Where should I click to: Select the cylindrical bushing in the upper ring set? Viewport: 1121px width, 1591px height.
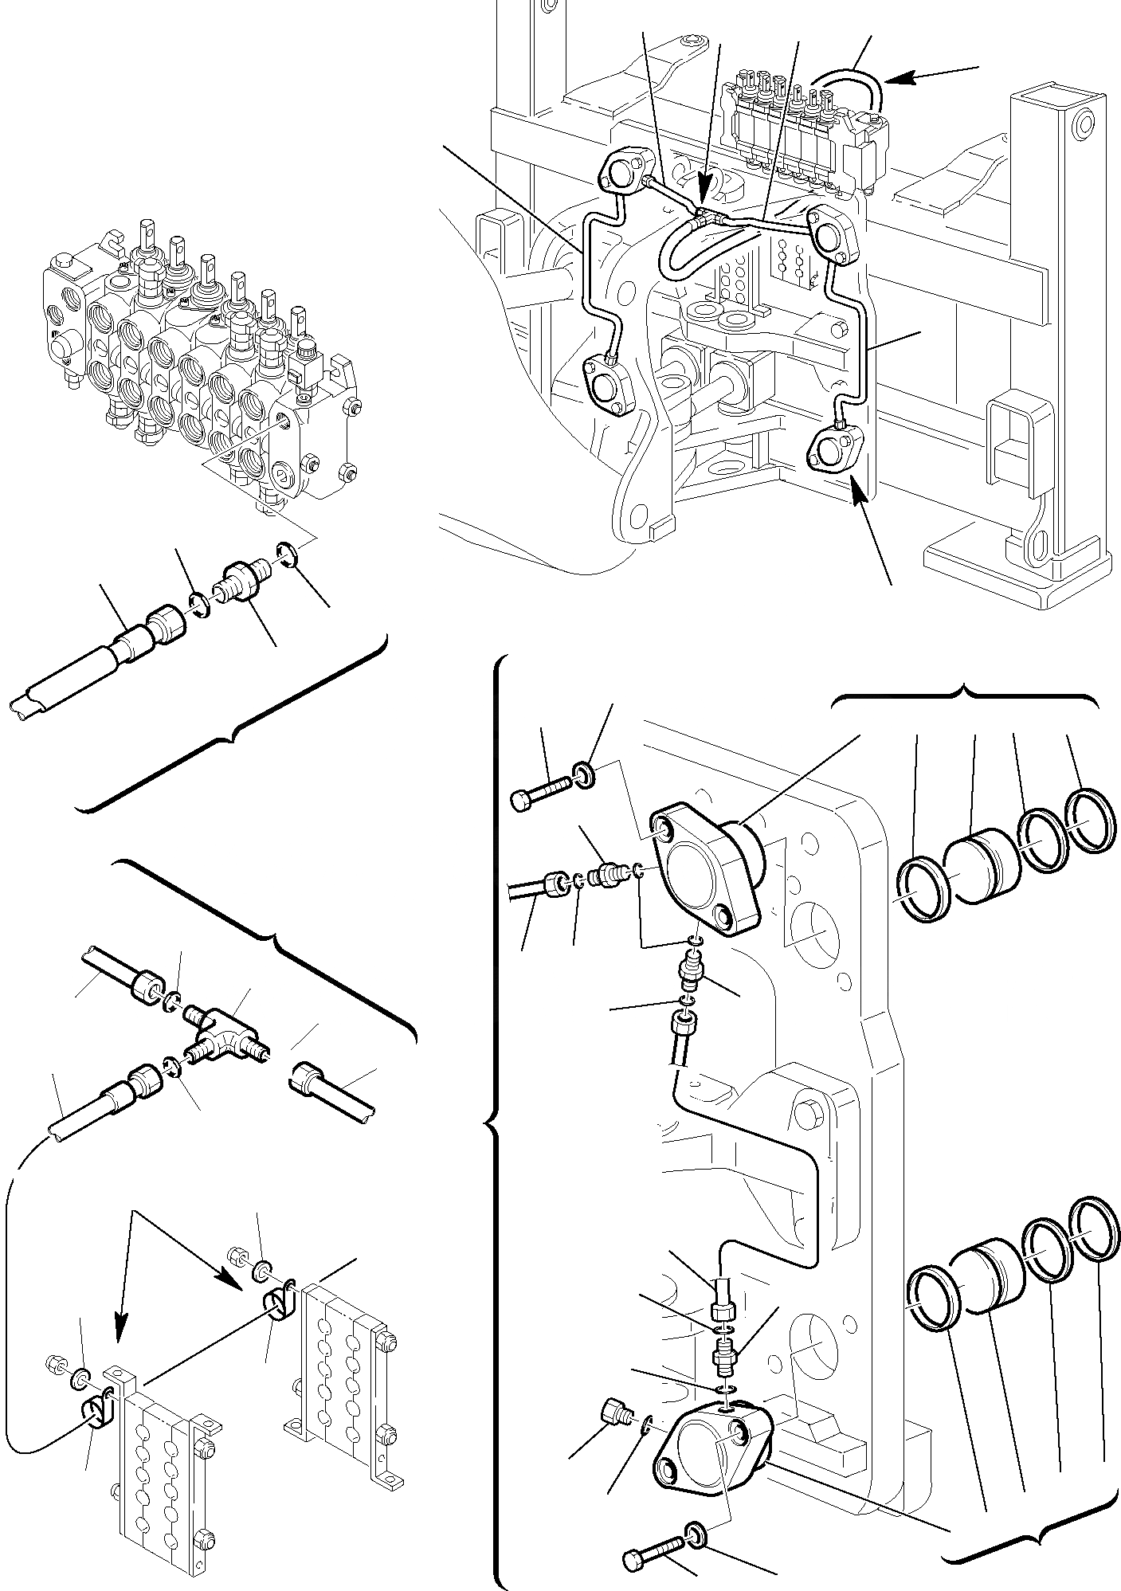980,864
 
